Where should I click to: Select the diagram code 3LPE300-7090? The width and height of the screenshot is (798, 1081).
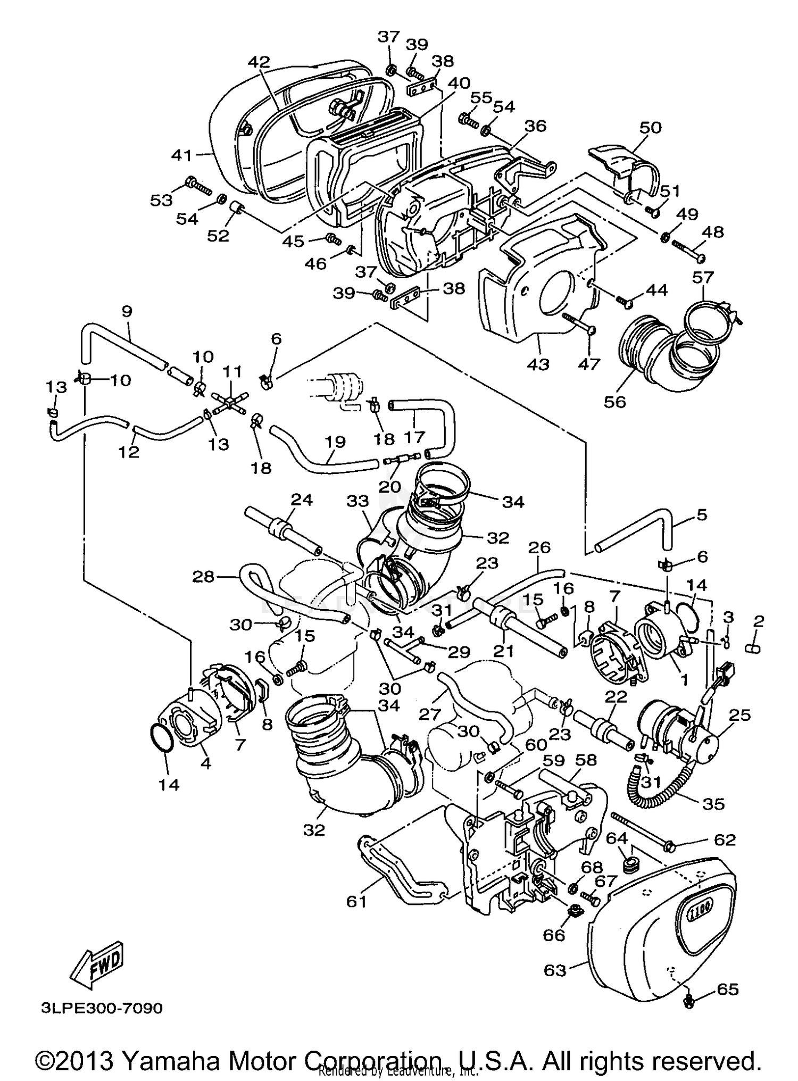click(x=101, y=1008)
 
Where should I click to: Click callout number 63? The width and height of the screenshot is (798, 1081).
click(x=555, y=970)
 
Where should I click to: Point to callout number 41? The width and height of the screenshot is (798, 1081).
click(x=181, y=155)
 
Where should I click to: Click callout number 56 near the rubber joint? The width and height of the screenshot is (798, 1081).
click(x=614, y=402)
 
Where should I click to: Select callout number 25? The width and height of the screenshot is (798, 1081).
click(x=741, y=716)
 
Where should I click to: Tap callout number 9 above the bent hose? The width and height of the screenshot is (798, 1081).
click(x=127, y=311)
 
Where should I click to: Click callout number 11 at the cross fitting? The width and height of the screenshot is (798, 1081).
click(x=232, y=371)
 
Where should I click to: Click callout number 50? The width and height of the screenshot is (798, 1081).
click(x=650, y=128)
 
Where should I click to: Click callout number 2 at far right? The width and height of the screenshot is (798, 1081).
click(x=759, y=621)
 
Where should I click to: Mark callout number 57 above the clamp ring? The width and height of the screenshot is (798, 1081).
click(x=703, y=278)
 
